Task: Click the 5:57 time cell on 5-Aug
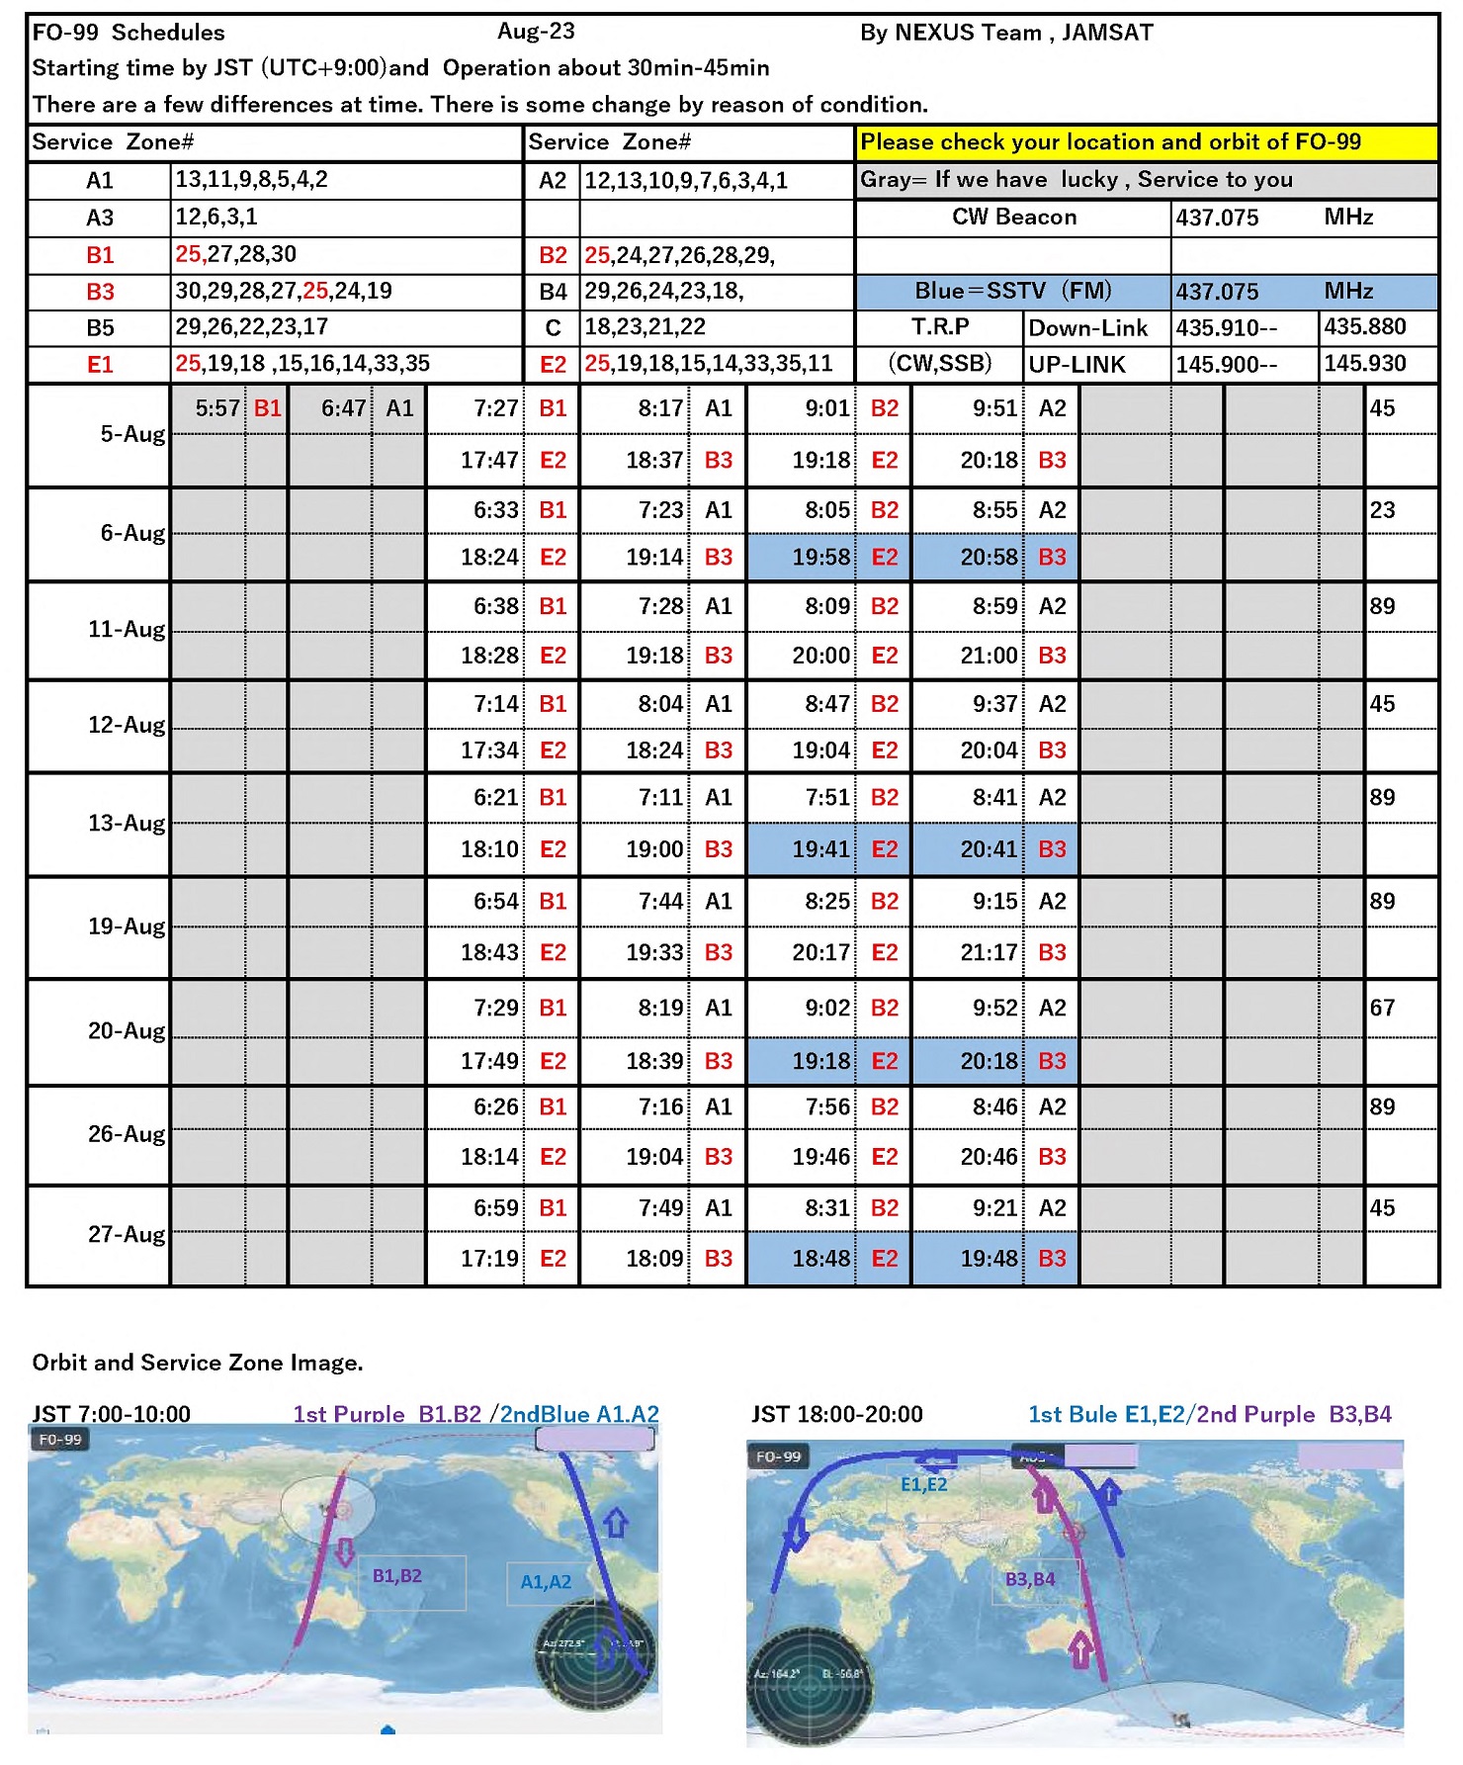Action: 216,408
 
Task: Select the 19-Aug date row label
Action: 127,927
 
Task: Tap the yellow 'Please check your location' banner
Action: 1110,142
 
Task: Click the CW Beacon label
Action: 1013,218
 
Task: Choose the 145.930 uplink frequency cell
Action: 1364,364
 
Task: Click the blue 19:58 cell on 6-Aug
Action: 820,558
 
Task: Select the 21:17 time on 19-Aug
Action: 989,952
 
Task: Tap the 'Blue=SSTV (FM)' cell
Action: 1012,292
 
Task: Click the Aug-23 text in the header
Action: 536,32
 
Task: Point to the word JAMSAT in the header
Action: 1107,33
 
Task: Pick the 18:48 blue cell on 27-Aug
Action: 820,1259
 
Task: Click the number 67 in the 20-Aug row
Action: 1382,1009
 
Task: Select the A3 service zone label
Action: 100,218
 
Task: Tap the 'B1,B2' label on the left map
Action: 396,1576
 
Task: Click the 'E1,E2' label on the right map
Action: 923,1484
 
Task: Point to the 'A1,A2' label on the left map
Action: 546,1582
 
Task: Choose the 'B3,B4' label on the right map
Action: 1030,1580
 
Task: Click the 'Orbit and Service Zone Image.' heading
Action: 198,1363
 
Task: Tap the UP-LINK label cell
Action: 1076,365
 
